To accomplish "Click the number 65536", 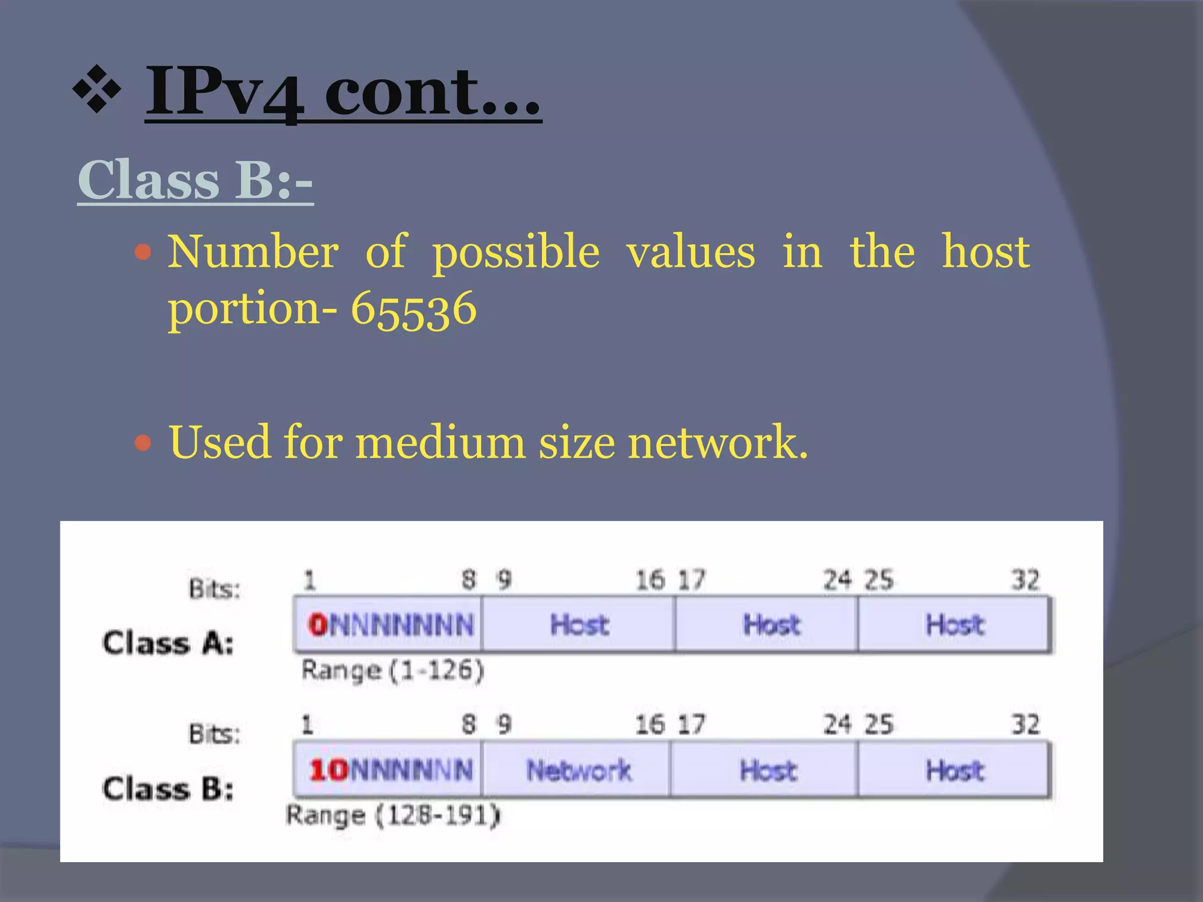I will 414,309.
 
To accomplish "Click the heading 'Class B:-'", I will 195,180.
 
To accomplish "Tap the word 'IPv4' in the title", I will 224,92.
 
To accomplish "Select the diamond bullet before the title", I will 97,89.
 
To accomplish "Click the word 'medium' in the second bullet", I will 440,442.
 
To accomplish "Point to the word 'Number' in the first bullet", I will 253,252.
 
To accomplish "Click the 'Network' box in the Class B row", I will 578,770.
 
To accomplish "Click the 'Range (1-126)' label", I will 392,670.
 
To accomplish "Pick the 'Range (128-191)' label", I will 392,816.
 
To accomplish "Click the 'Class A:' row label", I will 168,643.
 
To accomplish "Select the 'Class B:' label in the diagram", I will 168,789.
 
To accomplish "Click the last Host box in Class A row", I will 954,625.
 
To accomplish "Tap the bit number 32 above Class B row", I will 1025,725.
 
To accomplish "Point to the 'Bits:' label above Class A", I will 214,588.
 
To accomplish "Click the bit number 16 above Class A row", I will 650,580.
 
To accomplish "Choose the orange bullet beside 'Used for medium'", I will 143,442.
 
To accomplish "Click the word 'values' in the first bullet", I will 691,252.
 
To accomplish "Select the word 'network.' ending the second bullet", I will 718,442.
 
